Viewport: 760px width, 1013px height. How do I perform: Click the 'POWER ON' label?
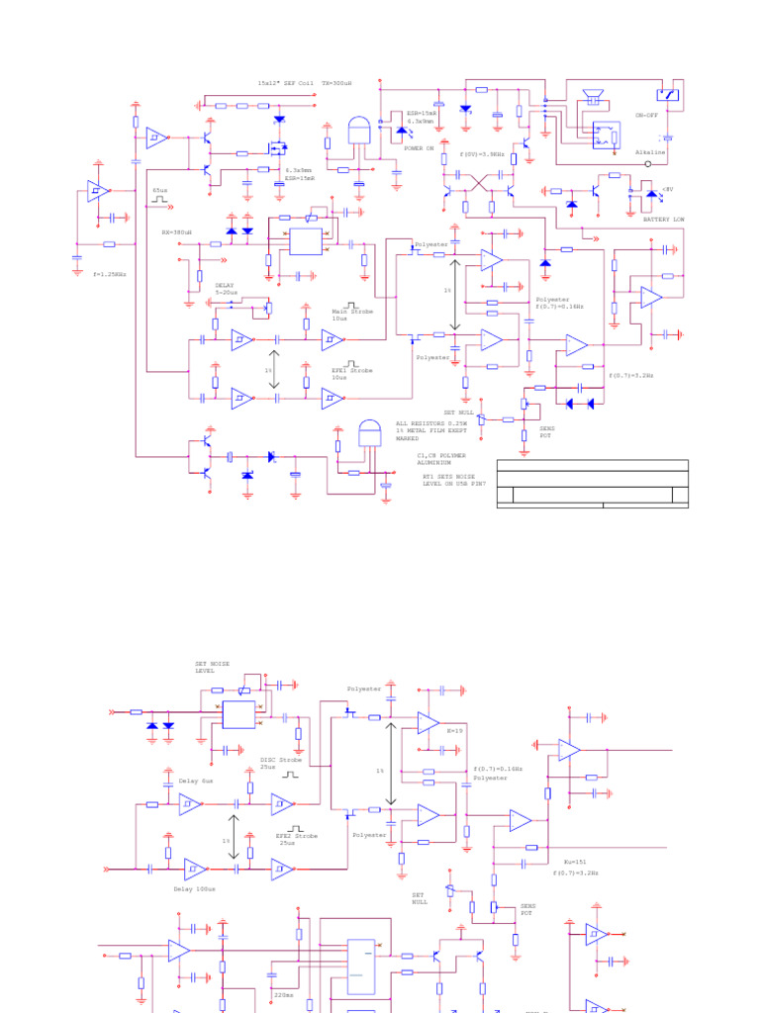(x=419, y=147)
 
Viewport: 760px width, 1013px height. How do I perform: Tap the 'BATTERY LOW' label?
(x=663, y=219)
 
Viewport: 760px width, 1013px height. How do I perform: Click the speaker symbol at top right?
(x=594, y=97)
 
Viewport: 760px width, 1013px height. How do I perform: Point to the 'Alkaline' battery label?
(x=650, y=152)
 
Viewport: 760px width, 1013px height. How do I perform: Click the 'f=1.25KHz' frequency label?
(x=110, y=274)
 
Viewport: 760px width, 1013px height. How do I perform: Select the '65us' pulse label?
(x=160, y=190)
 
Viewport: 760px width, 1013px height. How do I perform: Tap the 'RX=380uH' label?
(x=176, y=231)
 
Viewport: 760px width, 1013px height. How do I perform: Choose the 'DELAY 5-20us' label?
(x=227, y=289)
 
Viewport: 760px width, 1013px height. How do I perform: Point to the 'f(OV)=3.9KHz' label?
(x=483, y=154)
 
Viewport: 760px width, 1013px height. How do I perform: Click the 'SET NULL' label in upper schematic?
(x=459, y=411)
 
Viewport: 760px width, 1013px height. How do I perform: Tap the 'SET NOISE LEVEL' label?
(x=213, y=667)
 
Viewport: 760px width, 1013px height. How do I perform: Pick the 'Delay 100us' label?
(x=194, y=888)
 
